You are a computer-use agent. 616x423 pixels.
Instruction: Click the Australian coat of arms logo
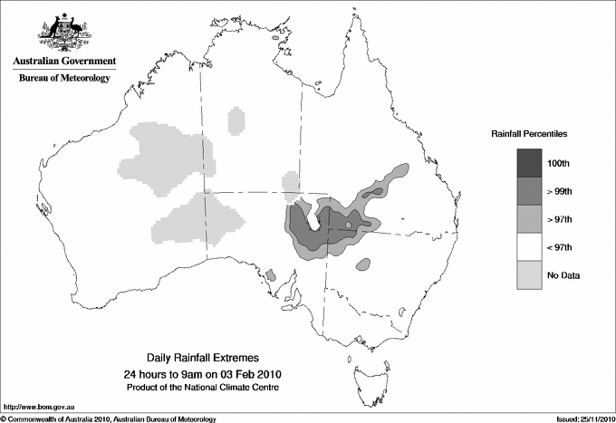click(x=62, y=33)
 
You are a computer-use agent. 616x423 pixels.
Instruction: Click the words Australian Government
click(x=62, y=62)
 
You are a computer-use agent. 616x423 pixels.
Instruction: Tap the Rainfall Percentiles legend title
click(x=529, y=134)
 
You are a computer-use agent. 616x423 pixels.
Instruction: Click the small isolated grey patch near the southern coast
click(x=271, y=274)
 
